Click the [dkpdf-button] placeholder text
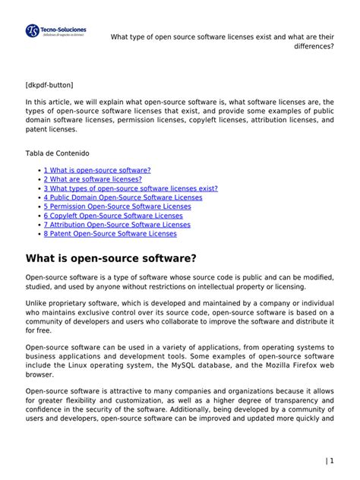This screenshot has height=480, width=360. [x=49, y=84]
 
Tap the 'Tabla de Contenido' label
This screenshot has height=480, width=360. [x=57, y=153]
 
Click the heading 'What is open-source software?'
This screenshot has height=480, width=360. [x=111, y=259]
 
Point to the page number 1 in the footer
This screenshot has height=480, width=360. [x=331, y=461]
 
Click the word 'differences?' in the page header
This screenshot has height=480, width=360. [x=314, y=46]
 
